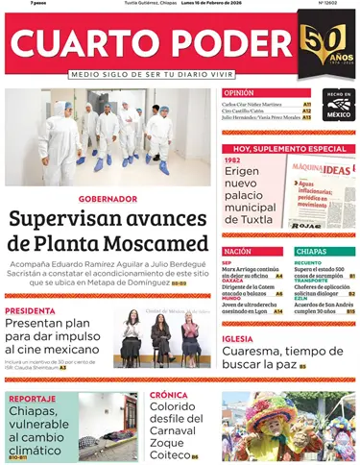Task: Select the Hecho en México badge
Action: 337,106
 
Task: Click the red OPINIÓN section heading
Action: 238,92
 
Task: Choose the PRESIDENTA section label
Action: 28,311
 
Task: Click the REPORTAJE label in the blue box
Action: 33,398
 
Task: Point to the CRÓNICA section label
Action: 169,395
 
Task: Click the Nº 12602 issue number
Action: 335,5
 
